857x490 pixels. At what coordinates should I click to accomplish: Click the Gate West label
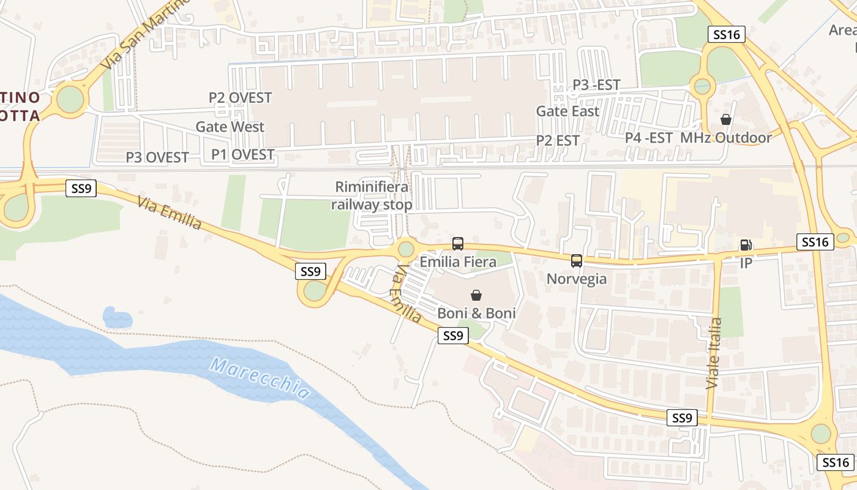pos(230,127)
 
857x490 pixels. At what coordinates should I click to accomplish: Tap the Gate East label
pos(567,111)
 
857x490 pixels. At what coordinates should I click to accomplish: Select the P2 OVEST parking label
pos(240,97)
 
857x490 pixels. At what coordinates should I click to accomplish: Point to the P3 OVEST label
pos(157,157)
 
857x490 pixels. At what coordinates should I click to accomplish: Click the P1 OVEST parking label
pos(242,154)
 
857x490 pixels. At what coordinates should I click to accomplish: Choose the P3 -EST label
pos(596,85)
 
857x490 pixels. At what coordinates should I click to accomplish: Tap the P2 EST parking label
pos(558,140)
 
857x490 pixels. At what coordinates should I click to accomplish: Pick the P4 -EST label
pos(649,138)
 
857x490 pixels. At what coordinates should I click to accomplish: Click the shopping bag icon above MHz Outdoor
pos(726,119)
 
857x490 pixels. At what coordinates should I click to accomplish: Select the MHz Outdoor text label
pos(726,138)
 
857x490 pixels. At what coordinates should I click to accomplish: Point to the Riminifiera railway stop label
pos(372,195)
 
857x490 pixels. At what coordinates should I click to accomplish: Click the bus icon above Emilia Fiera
pos(458,244)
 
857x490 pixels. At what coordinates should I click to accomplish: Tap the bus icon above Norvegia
pos(577,261)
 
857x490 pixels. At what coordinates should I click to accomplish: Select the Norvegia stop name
pos(577,279)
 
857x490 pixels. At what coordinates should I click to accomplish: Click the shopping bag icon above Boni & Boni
pos(476,295)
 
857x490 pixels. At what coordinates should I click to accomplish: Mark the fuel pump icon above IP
pos(746,245)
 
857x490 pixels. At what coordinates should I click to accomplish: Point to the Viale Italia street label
pos(714,353)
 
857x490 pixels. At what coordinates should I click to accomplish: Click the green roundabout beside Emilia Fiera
pos(406,249)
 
